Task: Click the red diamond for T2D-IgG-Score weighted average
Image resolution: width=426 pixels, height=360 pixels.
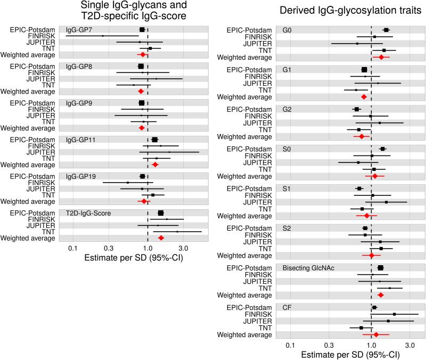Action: pyautogui.click(x=161, y=238)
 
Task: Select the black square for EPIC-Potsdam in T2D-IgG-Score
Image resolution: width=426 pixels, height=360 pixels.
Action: pyautogui.click(x=160, y=213)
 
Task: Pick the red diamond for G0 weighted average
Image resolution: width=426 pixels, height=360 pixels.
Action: pyautogui.click(x=381, y=56)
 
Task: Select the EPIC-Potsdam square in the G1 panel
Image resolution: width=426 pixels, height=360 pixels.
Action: pyautogui.click(x=364, y=70)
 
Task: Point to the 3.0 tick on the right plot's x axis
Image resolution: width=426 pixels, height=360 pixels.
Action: pyautogui.click(x=409, y=346)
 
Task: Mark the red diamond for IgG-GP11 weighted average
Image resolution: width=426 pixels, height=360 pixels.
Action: pyautogui.click(x=155, y=165)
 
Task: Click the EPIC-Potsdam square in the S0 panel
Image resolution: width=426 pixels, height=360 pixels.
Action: pyautogui.click(x=382, y=149)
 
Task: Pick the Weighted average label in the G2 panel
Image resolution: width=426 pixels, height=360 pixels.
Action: pyautogui.click(x=248, y=136)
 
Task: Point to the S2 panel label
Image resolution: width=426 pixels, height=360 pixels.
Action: pyautogui.click(x=287, y=228)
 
